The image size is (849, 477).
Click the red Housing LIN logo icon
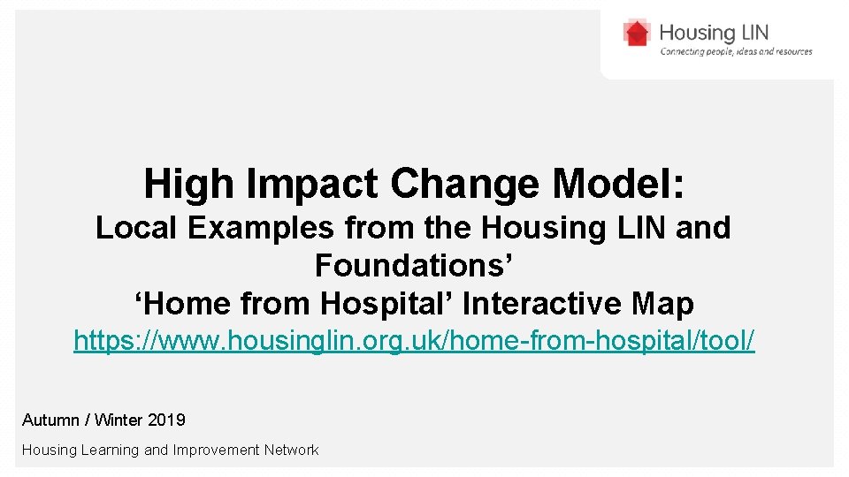click(x=637, y=34)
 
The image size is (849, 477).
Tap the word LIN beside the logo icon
click(x=750, y=34)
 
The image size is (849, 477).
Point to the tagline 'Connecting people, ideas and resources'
click(x=736, y=52)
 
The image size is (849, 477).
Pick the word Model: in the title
click(x=618, y=184)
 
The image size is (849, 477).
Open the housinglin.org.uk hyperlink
click(x=414, y=341)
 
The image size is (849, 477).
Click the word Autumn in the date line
click(x=51, y=420)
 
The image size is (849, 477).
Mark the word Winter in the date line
click(x=119, y=420)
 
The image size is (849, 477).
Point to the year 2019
click(x=166, y=420)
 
